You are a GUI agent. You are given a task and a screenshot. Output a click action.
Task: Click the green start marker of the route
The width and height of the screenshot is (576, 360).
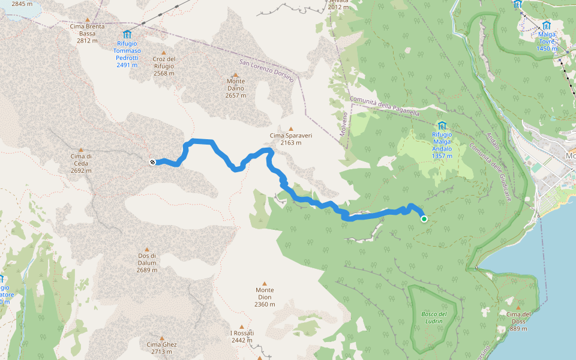click(424, 219)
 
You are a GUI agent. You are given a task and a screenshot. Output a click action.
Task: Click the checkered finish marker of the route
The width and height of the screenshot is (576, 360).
click(152, 162)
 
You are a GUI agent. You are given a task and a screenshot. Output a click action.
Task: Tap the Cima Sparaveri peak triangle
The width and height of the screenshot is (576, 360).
click(291, 128)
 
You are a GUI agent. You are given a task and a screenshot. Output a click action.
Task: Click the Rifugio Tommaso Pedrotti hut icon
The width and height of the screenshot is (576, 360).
click(127, 34)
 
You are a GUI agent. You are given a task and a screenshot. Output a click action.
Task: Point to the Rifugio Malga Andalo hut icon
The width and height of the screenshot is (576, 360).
click(442, 125)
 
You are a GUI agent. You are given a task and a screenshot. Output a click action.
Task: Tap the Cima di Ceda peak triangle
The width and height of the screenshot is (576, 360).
click(81, 149)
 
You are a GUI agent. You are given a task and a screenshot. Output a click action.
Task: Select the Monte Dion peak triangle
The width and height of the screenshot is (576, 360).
click(265, 283)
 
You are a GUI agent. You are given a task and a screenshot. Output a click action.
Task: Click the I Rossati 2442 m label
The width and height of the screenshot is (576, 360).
click(242, 337)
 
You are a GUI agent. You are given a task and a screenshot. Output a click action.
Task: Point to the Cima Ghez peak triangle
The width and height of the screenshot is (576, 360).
click(161, 337)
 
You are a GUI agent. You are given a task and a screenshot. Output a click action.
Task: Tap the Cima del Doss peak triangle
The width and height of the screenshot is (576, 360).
click(518, 307)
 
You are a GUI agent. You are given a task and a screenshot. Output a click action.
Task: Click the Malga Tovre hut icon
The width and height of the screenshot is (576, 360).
click(547, 26)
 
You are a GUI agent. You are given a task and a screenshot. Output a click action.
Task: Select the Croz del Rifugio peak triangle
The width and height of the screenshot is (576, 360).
click(164, 52)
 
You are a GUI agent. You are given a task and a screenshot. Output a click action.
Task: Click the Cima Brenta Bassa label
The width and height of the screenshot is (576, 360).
click(87, 30)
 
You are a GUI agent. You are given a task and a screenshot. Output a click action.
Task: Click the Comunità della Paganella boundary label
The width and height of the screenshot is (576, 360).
click(384, 106)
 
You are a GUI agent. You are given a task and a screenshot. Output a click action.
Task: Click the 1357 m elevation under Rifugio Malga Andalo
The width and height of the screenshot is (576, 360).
click(442, 156)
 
